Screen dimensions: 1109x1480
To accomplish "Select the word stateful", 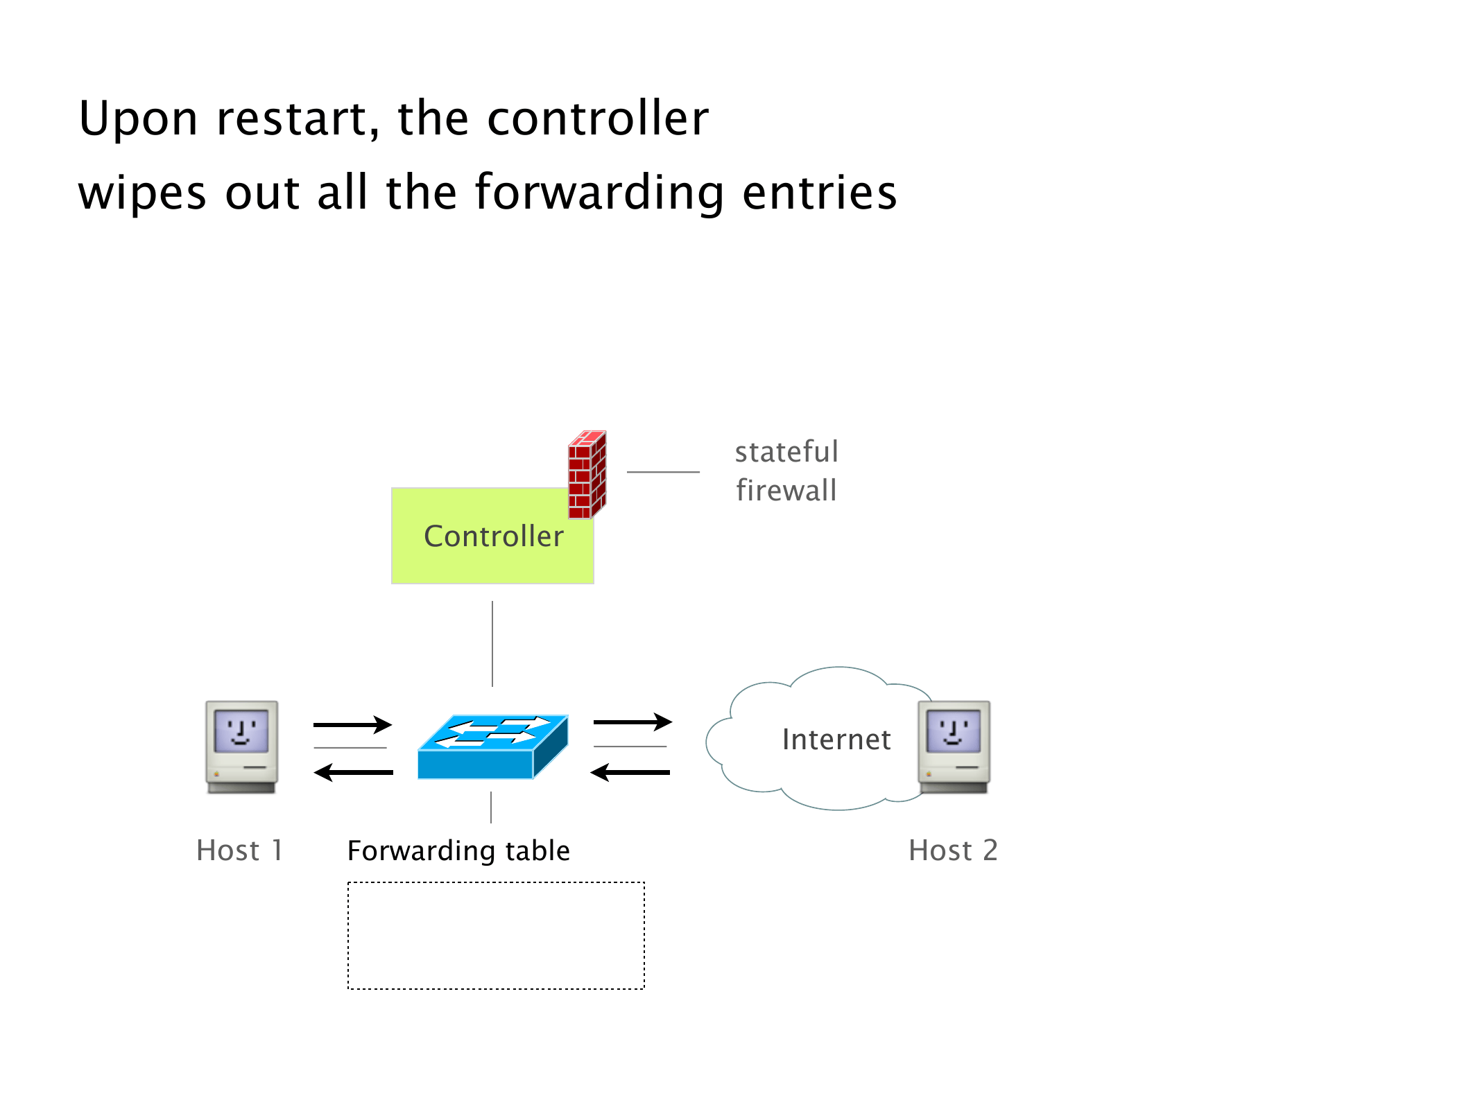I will (x=786, y=452).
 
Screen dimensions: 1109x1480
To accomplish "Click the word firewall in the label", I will (x=786, y=491).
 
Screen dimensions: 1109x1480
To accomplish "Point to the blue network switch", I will (x=493, y=747).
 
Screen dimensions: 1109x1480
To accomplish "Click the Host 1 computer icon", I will (x=242, y=746).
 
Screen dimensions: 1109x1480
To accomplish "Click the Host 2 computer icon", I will (x=954, y=746).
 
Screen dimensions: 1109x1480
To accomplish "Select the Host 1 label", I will (x=239, y=850).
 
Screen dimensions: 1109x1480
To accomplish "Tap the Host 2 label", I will (x=953, y=850).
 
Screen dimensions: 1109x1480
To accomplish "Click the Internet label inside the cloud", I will (x=836, y=740).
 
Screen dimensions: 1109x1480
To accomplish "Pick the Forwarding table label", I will (x=458, y=850).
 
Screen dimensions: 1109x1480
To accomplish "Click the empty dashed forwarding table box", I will (x=496, y=936).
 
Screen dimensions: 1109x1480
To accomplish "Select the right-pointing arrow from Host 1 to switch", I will (x=353, y=725).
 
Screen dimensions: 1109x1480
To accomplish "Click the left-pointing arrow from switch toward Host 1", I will (x=354, y=772).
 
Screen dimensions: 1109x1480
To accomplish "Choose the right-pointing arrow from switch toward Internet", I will (x=633, y=722).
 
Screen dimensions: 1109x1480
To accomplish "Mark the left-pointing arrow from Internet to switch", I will (x=630, y=772).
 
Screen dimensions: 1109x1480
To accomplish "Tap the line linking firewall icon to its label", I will (x=663, y=472).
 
